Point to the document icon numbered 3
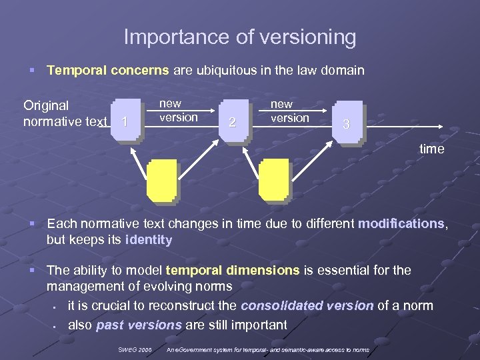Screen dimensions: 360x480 347,123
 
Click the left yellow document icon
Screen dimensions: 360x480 162,182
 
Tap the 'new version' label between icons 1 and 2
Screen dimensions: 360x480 178,111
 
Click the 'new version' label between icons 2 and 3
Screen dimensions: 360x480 289,111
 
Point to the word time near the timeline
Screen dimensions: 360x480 431,149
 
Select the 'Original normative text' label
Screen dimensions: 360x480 65,113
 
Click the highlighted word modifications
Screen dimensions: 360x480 401,224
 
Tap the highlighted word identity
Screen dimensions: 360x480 149,240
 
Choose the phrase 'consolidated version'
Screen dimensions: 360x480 307,306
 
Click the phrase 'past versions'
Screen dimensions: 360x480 138,325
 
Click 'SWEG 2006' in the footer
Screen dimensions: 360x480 135,349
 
